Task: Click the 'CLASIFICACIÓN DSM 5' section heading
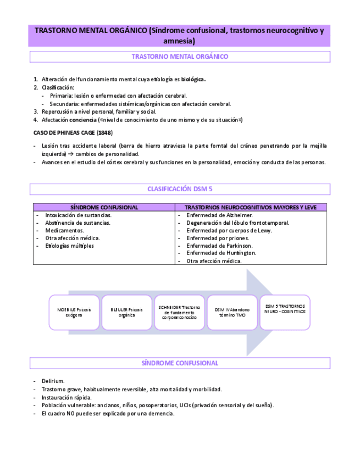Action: (180, 189)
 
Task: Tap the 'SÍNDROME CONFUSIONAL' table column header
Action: (104, 207)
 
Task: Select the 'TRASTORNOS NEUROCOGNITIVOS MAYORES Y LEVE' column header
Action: (251, 207)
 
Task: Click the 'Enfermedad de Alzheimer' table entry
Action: (219, 215)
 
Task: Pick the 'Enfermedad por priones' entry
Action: (218, 238)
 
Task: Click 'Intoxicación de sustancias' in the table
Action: (78, 215)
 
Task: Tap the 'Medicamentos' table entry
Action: (65, 230)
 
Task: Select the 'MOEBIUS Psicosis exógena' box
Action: (74, 312)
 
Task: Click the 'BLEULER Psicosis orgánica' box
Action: (126, 312)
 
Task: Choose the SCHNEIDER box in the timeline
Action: (180, 312)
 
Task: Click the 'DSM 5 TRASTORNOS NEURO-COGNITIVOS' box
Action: (285, 309)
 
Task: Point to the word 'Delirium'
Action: (53, 381)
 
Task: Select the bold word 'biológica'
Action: (193, 79)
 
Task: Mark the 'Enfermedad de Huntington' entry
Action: (221, 253)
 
